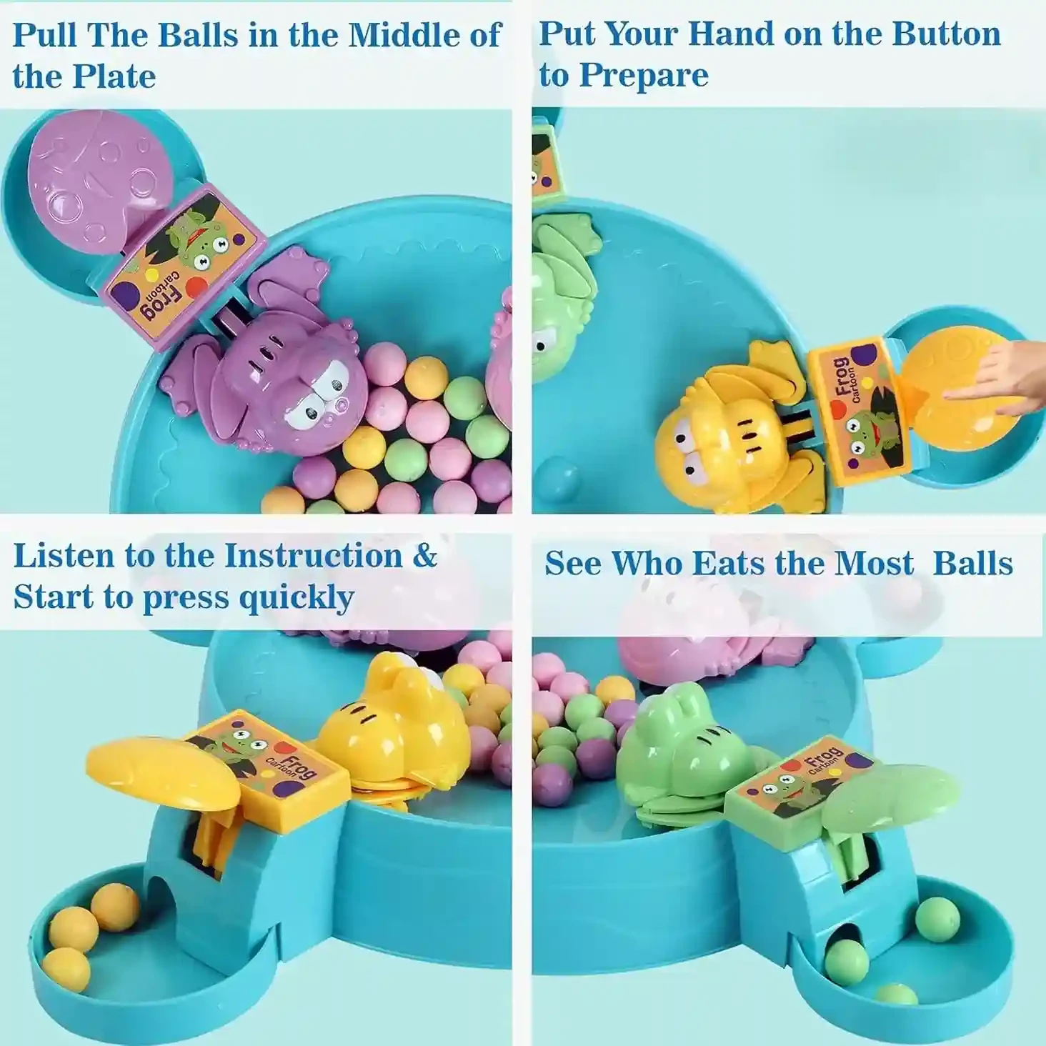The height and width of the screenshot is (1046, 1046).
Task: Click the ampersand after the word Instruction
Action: (x=424, y=555)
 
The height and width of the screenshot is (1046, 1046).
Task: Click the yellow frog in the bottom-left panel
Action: (x=397, y=733)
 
